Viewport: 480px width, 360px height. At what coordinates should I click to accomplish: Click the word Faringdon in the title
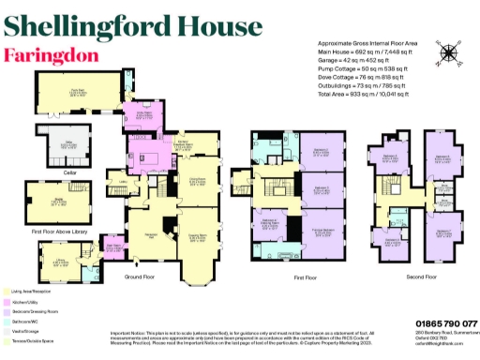[52, 54]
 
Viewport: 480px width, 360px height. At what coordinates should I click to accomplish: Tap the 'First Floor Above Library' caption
[57, 231]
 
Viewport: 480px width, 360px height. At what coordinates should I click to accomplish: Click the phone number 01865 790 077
[443, 322]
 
